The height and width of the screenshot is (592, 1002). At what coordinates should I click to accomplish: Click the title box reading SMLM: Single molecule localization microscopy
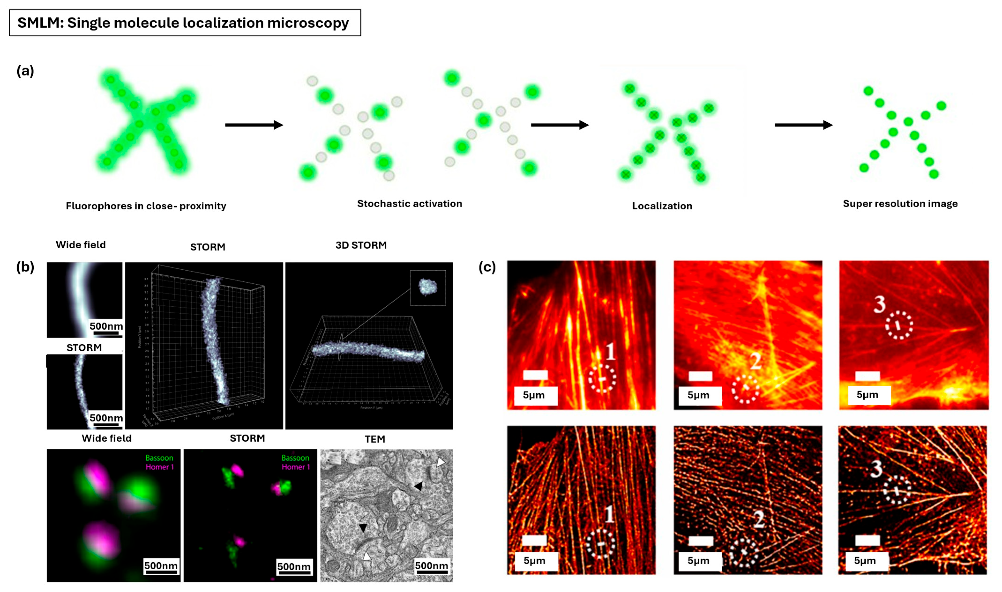tap(185, 23)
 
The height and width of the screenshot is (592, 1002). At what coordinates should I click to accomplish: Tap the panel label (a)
tap(25, 71)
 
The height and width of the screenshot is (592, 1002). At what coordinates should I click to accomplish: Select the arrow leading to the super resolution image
tap(803, 125)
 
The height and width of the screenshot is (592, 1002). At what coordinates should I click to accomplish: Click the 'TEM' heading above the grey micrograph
tap(375, 439)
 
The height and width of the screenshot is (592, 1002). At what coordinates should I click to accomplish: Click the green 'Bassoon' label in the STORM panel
tap(295, 458)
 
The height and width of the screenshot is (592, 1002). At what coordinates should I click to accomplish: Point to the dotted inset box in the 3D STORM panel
tap(428, 288)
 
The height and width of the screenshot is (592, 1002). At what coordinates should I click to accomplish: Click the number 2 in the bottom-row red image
tap(758, 519)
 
